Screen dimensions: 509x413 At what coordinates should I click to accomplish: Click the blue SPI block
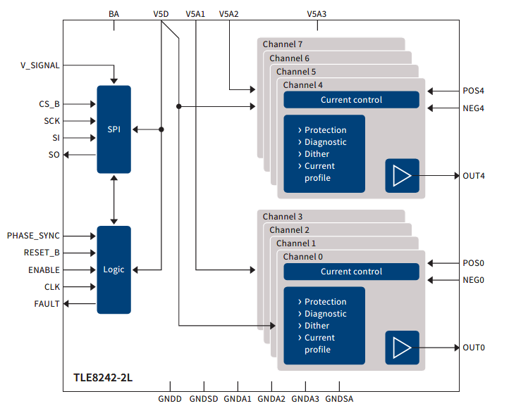114,129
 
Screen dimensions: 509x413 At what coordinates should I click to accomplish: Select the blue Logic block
114,270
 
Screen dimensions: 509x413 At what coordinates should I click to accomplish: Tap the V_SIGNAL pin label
40,65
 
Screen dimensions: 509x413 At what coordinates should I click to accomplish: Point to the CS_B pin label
49,104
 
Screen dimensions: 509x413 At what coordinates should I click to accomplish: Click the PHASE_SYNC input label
33,236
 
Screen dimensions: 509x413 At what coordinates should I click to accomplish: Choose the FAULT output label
47,304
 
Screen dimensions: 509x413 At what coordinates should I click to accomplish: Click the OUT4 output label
474,176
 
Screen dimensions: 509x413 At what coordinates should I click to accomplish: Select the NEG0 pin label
473,280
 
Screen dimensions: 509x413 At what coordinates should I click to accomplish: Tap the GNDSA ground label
339,399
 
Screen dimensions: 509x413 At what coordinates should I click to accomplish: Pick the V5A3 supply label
317,14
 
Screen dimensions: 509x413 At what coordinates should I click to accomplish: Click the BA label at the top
114,14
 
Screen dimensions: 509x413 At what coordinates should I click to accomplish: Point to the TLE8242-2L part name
103,378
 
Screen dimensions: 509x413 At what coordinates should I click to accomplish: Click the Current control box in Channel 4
352,100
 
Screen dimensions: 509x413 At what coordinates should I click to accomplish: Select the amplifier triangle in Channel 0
403,348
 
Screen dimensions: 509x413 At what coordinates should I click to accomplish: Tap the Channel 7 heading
283,44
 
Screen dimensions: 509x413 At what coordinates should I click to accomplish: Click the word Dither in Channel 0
317,326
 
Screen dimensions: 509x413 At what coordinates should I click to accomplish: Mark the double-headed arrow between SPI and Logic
114,200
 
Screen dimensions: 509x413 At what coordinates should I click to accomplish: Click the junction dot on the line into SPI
161,129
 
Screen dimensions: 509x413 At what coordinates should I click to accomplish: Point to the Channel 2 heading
289,230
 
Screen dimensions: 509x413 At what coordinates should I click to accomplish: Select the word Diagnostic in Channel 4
325,142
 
